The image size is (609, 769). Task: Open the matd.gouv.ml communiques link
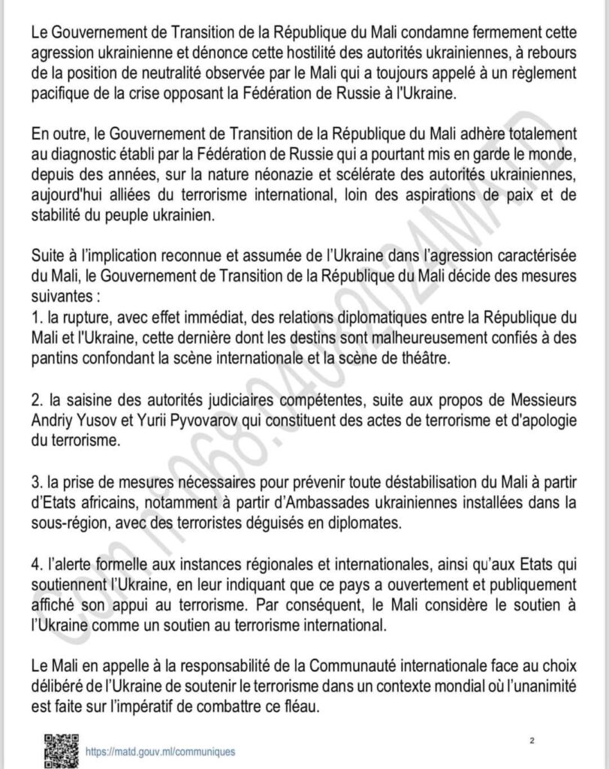(x=160, y=751)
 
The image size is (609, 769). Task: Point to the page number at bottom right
(x=532, y=741)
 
